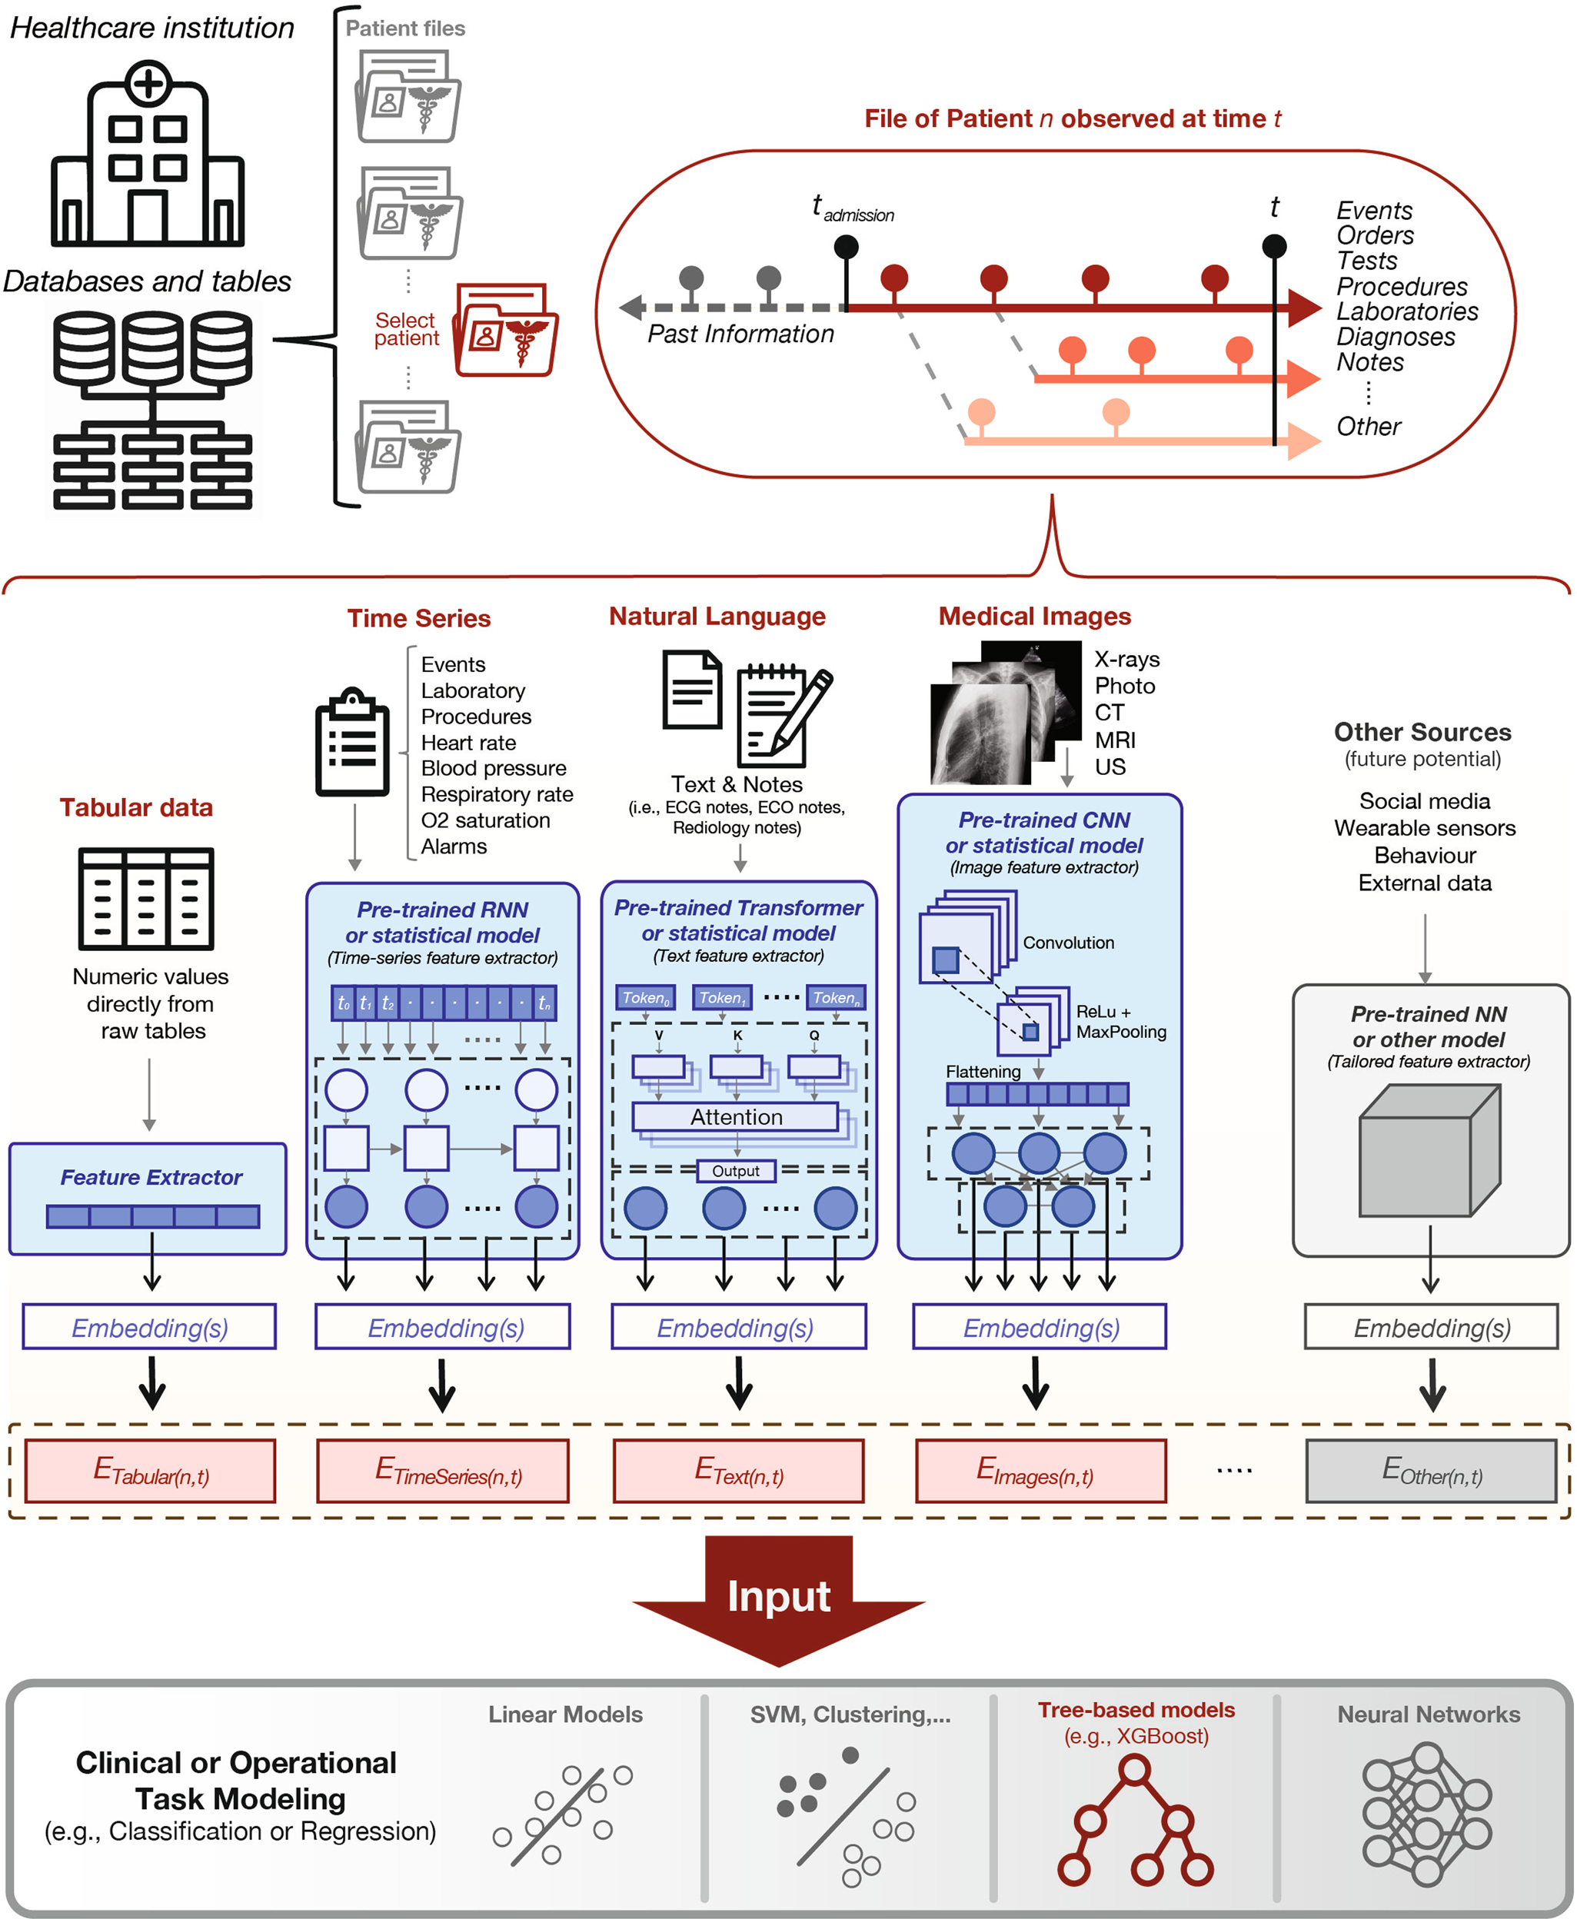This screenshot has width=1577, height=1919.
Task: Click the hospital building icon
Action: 147,155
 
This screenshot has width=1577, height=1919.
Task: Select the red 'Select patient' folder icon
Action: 506,331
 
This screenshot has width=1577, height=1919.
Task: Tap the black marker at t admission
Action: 846,246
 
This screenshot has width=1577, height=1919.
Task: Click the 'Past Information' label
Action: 740,334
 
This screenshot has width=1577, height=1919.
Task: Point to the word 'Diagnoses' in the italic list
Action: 1395,337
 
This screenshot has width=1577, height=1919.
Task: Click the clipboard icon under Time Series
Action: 351,742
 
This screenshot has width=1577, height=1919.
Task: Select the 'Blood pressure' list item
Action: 494,768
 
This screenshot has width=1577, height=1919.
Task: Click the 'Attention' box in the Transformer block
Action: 736,1117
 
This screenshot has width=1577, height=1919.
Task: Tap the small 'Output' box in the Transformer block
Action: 736,1171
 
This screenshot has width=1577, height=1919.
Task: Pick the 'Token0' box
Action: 646,997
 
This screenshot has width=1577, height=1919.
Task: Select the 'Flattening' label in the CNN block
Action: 983,1072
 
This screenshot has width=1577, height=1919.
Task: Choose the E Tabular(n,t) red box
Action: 151,1470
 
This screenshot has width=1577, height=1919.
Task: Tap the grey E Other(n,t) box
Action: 1431,1470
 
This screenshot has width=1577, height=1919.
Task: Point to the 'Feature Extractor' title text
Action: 151,1177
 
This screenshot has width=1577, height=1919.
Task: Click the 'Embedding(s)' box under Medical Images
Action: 1040,1328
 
